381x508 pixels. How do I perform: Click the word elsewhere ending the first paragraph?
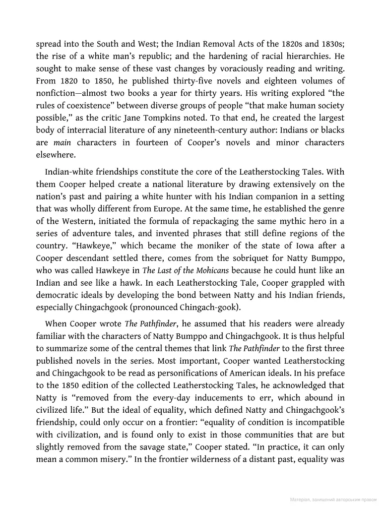pos(56,155)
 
